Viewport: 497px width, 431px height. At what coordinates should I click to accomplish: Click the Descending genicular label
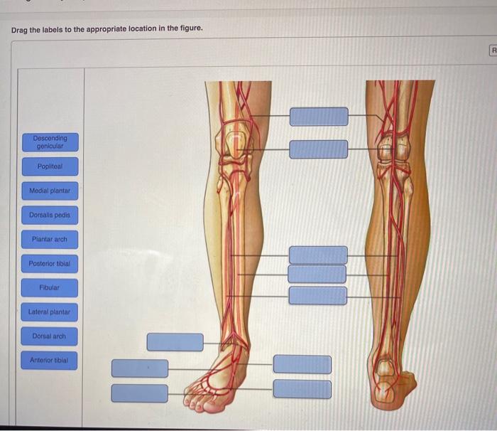pos(50,142)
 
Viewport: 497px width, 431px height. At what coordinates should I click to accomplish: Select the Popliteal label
pos(50,166)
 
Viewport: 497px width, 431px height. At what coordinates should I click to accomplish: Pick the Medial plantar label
pos(50,191)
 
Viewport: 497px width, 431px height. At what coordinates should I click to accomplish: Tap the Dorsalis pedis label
pos(50,215)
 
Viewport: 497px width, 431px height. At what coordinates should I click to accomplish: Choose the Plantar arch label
pos(50,240)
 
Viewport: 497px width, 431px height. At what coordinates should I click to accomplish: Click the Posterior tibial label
pos(50,264)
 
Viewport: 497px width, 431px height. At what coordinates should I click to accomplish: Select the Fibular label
pos(50,288)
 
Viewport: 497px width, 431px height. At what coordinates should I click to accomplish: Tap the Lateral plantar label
pos(50,312)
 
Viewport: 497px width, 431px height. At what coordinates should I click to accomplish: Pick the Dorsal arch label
pos(50,336)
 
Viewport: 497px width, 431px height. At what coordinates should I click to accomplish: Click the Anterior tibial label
pos(50,360)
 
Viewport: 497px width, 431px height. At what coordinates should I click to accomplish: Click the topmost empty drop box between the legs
pos(319,117)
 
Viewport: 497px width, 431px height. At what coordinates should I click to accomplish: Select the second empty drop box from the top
pos(319,149)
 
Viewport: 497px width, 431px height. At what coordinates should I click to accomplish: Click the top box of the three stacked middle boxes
pos(318,255)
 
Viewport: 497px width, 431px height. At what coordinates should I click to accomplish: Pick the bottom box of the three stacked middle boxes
pos(318,296)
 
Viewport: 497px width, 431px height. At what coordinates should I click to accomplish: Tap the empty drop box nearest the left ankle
pos(175,342)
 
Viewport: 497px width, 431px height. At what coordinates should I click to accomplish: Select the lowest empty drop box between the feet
pos(302,389)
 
